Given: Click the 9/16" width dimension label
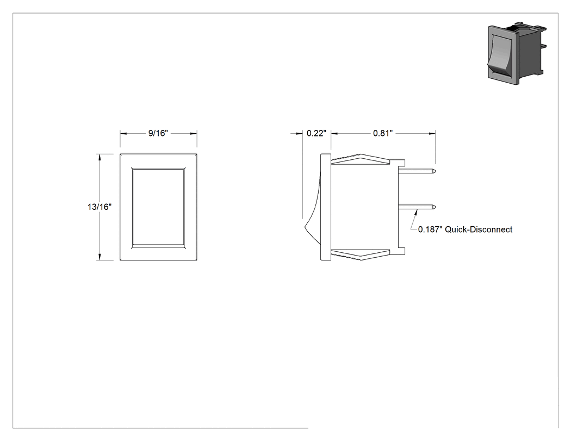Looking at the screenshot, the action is tap(158, 133).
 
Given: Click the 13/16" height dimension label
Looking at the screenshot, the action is tap(100, 207).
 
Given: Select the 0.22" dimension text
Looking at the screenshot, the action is tap(316, 133).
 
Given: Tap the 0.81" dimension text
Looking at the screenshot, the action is tap(383, 133).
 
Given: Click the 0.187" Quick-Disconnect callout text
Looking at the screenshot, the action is tap(465, 229).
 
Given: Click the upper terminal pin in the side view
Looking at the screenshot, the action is tap(417, 171).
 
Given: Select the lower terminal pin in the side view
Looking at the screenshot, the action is tap(417, 207).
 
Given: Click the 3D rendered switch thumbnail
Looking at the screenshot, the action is tap(517, 53).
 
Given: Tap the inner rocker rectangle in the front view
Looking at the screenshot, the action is tap(158, 207).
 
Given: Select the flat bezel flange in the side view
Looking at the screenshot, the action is tap(326, 207).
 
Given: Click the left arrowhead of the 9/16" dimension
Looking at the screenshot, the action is tap(123, 134).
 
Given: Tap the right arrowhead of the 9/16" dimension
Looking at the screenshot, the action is tap(194, 134).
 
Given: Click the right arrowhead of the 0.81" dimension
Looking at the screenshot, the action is tap(432, 134).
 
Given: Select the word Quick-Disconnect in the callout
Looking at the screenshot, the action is tap(479, 229).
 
